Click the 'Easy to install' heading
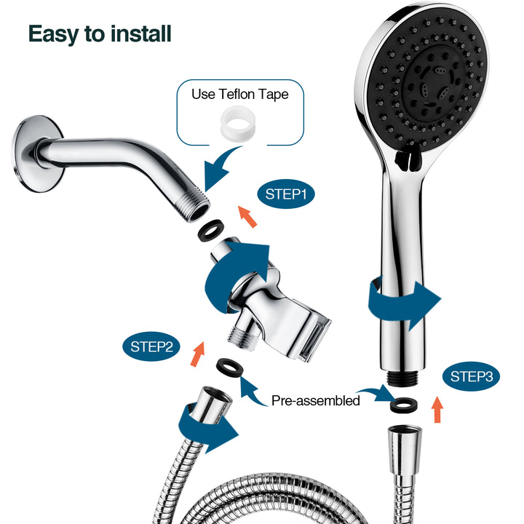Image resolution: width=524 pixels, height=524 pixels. [x=100, y=33]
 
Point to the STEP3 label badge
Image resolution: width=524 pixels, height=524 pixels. [x=471, y=376]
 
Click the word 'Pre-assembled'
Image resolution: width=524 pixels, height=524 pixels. [x=315, y=400]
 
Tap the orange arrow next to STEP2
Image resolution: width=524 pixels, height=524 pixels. [x=197, y=353]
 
